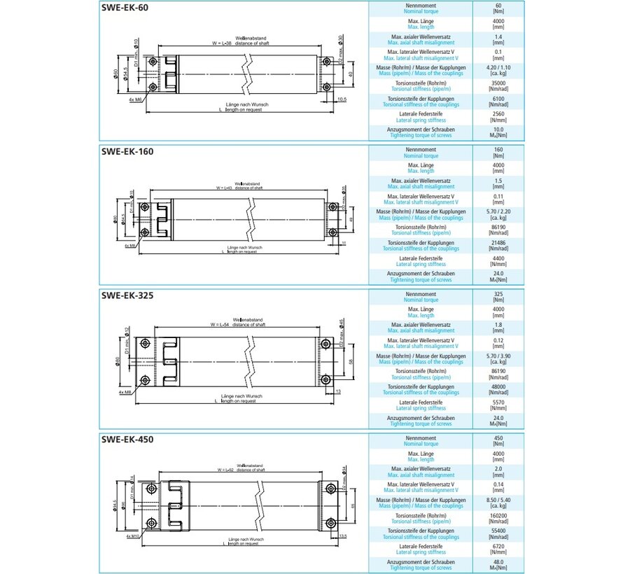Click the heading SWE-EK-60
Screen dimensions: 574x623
tap(125, 8)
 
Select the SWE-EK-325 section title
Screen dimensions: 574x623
tap(127, 295)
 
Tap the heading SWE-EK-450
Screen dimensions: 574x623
tap(127, 440)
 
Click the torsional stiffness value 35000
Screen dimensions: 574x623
tap(498, 83)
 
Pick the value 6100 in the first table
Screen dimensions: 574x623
tap(498, 99)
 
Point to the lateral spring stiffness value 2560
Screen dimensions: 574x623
tap(498, 115)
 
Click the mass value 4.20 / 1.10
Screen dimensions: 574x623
tap(498, 67)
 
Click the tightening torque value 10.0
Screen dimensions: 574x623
tap(498, 130)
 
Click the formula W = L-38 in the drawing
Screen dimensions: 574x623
tap(222, 43)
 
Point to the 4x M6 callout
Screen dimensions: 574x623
tap(136, 100)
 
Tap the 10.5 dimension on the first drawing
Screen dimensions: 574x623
tap(342, 99)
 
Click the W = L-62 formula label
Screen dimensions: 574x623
tap(229, 470)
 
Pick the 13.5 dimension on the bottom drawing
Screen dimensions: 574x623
tap(343, 535)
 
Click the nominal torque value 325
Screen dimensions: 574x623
tap(498, 295)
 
